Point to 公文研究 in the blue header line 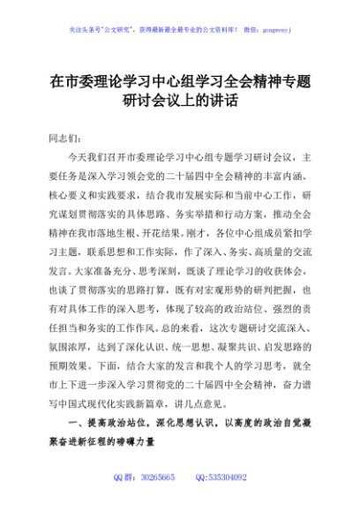click(123, 28)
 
